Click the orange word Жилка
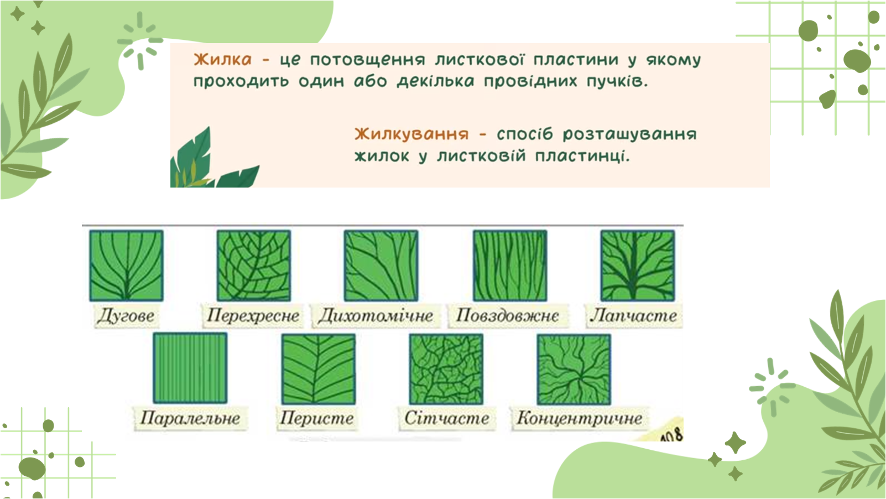pos(222,60)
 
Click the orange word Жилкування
pos(411,134)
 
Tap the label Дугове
pos(126,316)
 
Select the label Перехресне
pos(253,316)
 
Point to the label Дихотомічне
pos(376,316)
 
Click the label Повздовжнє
pos(507,316)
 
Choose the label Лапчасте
pos(634,316)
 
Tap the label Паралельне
pos(190,418)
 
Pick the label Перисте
pos(317,418)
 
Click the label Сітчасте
pos(446,418)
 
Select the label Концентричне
pos(579,418)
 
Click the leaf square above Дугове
pos(127,266)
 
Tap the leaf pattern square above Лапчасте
pos(638,266)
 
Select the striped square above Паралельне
pos(190,368)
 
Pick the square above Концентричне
pos(574,370)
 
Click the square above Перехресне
pos(254,266)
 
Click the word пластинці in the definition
pos(582,157)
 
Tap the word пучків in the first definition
pos(617,82)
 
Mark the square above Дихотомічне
pos(381,266)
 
